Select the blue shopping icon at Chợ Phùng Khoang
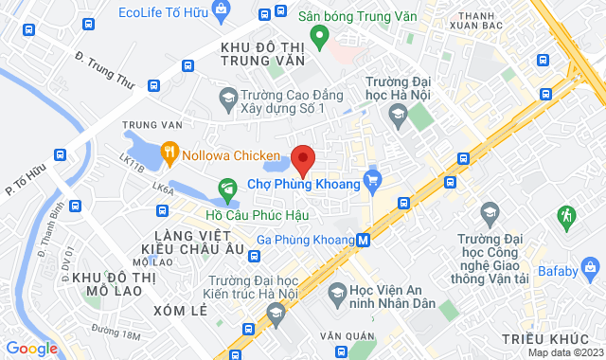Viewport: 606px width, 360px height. click(x=373, y=177)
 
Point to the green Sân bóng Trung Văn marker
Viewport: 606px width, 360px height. click(x=320, y=38)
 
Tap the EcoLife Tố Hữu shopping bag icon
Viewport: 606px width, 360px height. click(x=222, y=11)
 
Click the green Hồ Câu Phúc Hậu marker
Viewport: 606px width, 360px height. click(x=227, y=188)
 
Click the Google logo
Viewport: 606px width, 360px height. click(x=32, y=348)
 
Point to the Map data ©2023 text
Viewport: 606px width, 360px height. click(x=564, y=352)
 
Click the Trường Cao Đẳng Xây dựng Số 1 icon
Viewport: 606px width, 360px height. click(x=227, y=96)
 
